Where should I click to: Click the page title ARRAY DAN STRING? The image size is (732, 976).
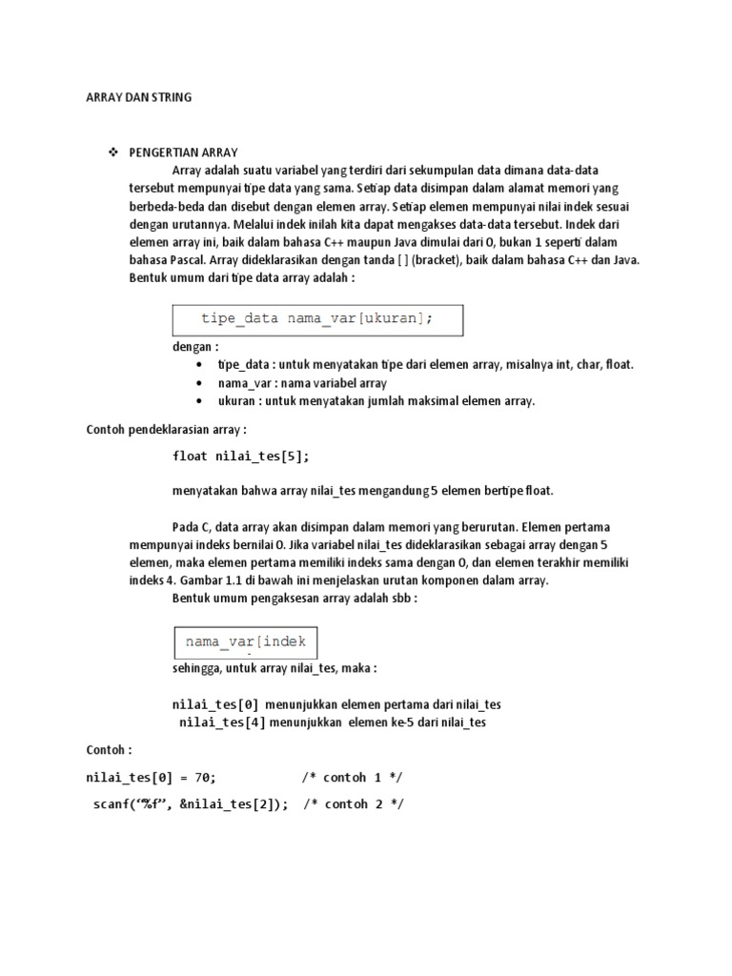[138, 97]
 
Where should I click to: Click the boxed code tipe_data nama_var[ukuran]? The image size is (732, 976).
[316, 319]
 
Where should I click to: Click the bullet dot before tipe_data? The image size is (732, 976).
[197, 365]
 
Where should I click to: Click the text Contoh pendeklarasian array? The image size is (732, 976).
[166, 429]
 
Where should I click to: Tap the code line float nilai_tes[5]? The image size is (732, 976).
[241, 456]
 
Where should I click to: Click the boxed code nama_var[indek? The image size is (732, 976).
[246, 641]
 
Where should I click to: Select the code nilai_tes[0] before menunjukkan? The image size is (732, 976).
[215, 704]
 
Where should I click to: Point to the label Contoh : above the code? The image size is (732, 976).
[109, 750]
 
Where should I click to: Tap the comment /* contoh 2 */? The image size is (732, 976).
[354, 804]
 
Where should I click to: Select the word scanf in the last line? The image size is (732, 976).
[113, 804]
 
